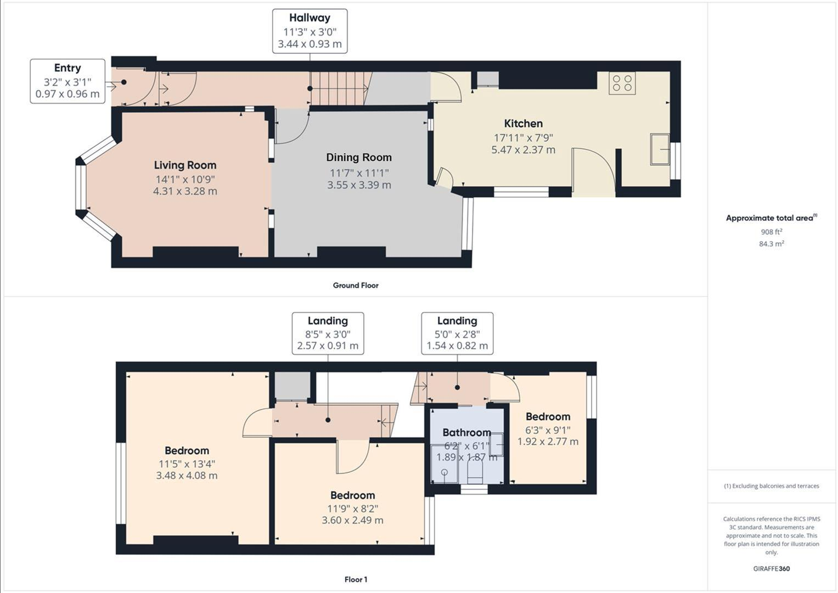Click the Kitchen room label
523,124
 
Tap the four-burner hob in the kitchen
622,83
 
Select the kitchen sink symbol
660,149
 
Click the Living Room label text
185,165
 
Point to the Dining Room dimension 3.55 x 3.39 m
359,185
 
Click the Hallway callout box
310,31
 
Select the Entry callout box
68,81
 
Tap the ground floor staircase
338,88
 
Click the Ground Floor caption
355,286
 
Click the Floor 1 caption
356,579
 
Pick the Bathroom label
466,433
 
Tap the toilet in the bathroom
474,471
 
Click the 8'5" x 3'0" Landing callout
328,333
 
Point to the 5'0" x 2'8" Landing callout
457,333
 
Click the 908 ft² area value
771,232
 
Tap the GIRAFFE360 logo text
771,569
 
